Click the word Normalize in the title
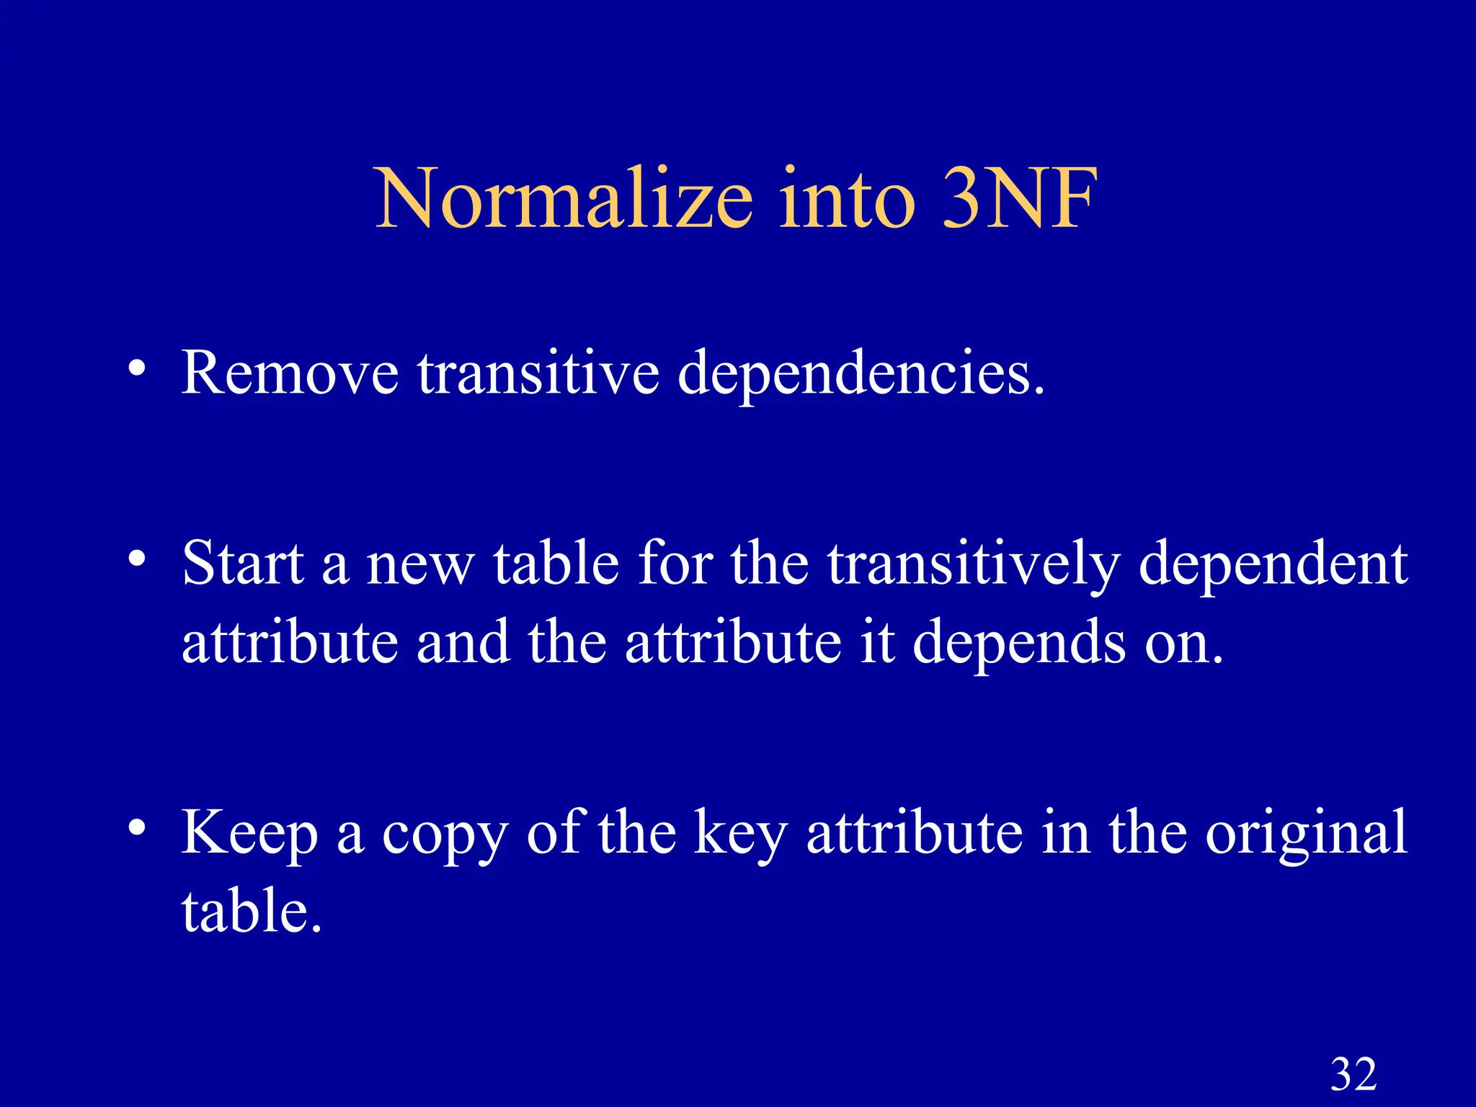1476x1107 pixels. point(564,197)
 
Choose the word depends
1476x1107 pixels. point(1019,644)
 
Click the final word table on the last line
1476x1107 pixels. point(249,911)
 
